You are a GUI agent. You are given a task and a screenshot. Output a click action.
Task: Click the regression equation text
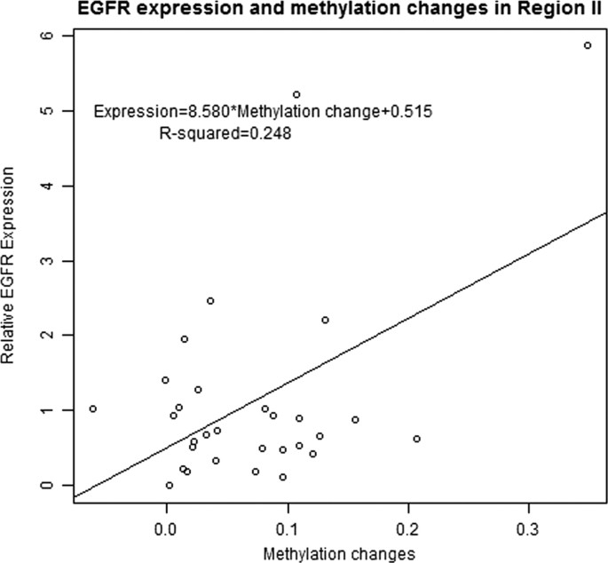pos(263,113)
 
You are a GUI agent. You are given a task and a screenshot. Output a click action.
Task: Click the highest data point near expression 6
pos(588,45)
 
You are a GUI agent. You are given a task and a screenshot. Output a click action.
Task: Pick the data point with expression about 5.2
pos(296,94)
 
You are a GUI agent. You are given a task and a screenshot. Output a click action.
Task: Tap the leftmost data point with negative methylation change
pos(92,409)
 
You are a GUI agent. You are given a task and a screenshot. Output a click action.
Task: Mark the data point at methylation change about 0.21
pos(416,439)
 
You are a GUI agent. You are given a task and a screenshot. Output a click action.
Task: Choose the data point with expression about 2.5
pos(210,301)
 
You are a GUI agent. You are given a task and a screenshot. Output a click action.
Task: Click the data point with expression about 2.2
pos(325,320)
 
